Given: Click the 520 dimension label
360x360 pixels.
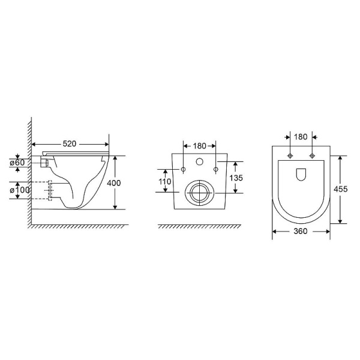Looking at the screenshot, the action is (70, 144).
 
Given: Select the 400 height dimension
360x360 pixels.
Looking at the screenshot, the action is (114, 183).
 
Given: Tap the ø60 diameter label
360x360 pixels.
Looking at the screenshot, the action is (17, 163).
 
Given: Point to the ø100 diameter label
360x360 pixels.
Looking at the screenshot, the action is (20, 190).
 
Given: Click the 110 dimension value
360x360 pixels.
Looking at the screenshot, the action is (165, 182).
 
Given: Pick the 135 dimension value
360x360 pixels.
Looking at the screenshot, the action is (236, 178).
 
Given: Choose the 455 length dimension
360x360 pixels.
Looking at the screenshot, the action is (340, 189).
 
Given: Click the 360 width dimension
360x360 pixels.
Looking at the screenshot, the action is (301, 231).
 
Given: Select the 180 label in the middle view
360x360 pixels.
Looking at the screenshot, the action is (200, 146).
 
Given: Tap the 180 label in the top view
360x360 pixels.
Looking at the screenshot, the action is (301, 137).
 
